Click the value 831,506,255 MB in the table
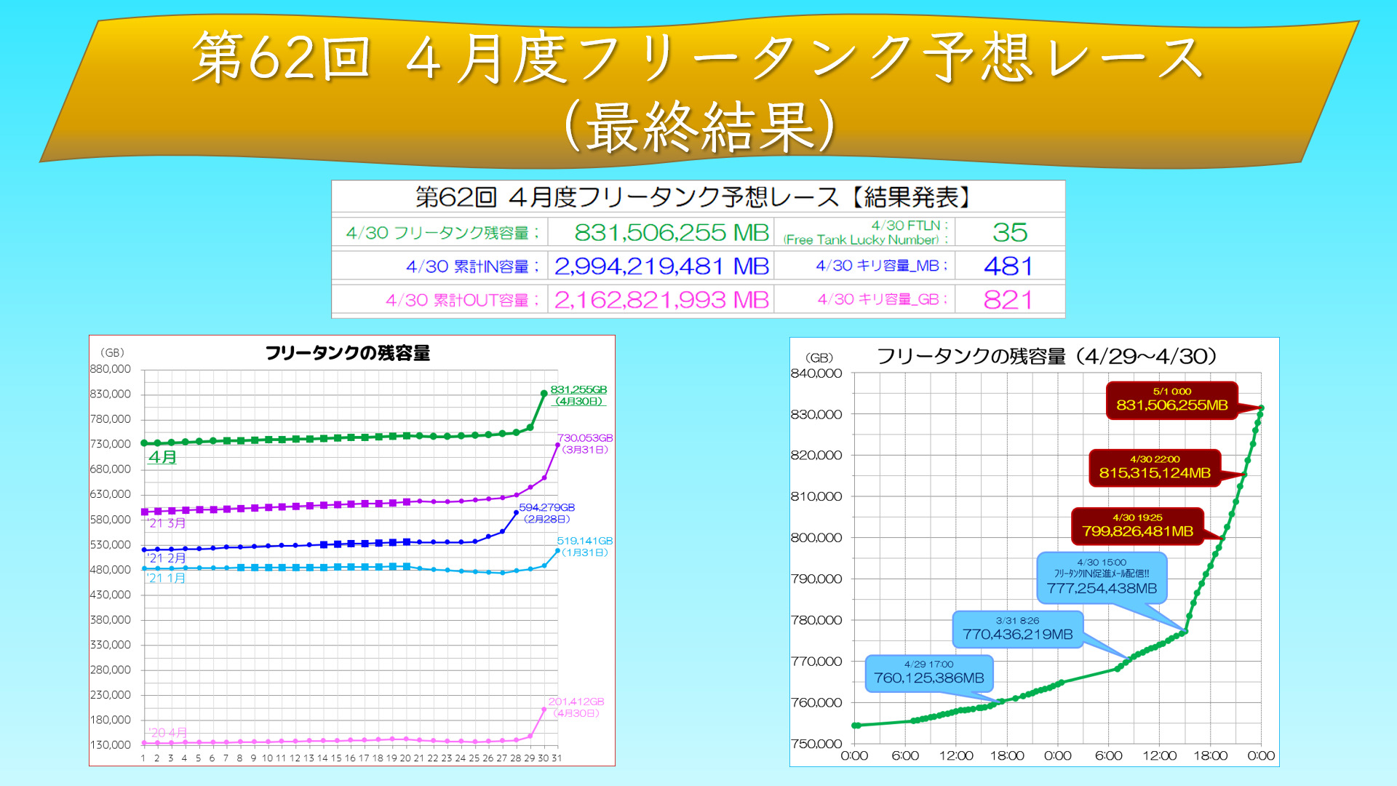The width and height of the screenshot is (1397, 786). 671,233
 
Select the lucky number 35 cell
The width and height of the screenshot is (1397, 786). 1010,233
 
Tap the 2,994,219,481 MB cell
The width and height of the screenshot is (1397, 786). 661,266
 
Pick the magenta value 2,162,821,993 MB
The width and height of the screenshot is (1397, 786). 661,300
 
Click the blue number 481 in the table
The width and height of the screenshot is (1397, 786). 1008,266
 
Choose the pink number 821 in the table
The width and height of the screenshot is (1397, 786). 1008,300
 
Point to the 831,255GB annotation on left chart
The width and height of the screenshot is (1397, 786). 578,390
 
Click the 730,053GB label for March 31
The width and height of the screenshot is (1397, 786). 585,438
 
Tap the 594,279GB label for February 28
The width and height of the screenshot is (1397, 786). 546,507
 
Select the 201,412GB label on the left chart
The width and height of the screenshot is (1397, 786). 576,702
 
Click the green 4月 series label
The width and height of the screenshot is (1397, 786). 163,457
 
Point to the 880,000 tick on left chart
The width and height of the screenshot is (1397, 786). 111,369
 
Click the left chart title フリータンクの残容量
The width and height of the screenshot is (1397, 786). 348,354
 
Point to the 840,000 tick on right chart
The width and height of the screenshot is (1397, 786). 816,373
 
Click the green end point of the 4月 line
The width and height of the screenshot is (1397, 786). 544,394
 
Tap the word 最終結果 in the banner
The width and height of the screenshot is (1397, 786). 700,127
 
